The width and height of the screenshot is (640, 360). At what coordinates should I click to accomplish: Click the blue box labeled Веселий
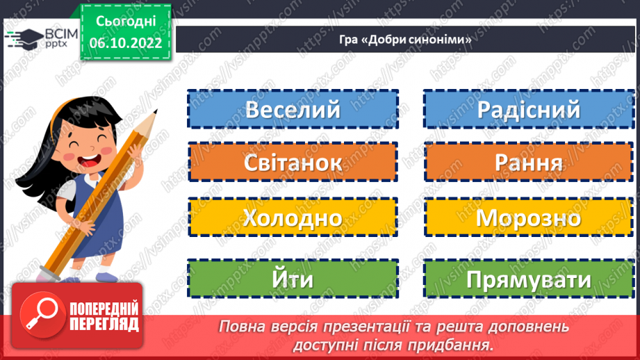coord(293,110)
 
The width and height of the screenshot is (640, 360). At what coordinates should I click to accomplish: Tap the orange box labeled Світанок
coord(293,163)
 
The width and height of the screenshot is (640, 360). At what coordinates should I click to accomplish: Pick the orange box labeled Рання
coord(528,163)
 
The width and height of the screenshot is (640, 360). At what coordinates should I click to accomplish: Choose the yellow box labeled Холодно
coord(293,218)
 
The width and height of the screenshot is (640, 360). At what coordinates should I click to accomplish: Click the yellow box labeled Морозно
coord(528,218)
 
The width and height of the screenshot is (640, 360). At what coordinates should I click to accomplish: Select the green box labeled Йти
coord(293,279)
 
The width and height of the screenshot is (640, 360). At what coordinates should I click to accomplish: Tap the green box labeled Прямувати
coord(528,279)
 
